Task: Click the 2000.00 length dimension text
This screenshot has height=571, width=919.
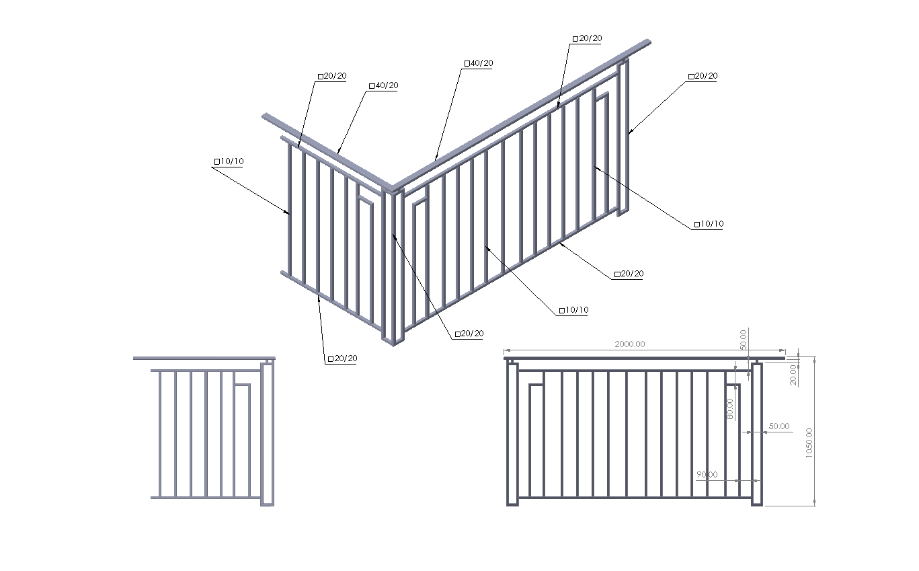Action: coord(629,344)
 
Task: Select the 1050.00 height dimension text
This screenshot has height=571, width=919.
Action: coord(809,443)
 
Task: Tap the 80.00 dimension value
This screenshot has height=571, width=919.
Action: coord(729,409)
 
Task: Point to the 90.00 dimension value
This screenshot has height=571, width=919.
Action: coord(707,475)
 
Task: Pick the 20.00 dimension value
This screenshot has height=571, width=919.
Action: coord(793,375)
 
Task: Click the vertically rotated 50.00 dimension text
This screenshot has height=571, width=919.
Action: coord(743,340)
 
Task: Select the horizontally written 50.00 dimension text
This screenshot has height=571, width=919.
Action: coord(778,426)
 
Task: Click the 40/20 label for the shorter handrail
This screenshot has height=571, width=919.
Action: coord(384,85)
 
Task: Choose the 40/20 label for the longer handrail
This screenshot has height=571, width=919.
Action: coord(479,63)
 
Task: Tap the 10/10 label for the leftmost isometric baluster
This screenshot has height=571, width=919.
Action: coord(229,161)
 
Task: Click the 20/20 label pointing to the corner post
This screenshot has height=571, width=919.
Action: coord(469,334)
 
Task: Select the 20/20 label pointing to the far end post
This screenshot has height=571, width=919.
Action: coord(703,76)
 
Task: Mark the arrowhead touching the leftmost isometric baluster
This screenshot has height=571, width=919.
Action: coord(288,213)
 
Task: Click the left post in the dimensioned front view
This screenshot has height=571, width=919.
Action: coord(512,434)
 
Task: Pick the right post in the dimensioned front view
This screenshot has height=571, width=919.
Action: coord(756,434)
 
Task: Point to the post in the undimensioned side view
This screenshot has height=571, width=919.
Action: coord(267,434)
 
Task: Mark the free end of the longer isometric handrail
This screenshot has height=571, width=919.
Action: coord(649,42)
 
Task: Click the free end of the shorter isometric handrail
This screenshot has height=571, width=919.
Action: coord(265,116)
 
